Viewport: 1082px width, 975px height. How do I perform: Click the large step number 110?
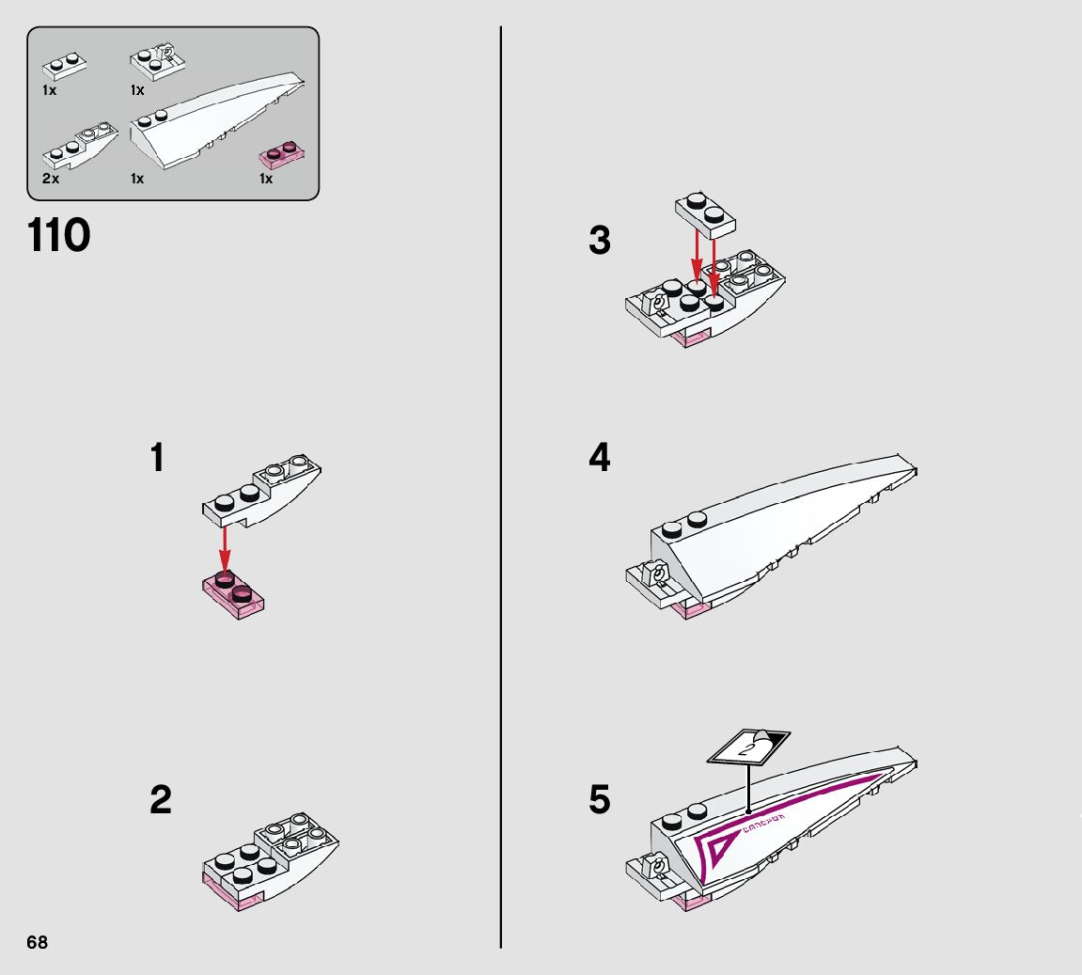59,236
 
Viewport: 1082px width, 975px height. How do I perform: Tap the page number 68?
37,942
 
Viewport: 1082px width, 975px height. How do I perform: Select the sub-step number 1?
157,459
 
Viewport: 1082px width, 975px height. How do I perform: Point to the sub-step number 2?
161,801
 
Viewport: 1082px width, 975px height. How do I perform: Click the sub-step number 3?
599,241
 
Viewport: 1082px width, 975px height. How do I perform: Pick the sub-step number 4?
599,459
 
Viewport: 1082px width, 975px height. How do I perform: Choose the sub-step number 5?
599,801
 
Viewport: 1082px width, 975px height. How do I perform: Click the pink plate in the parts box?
283,154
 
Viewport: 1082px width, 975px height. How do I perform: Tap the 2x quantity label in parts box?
50,179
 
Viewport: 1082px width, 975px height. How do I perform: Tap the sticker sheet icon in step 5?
748,747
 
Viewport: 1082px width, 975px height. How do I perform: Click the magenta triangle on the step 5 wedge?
716,851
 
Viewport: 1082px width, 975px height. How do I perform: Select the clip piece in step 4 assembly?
654,574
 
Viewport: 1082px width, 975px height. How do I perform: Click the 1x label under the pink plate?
266,179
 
